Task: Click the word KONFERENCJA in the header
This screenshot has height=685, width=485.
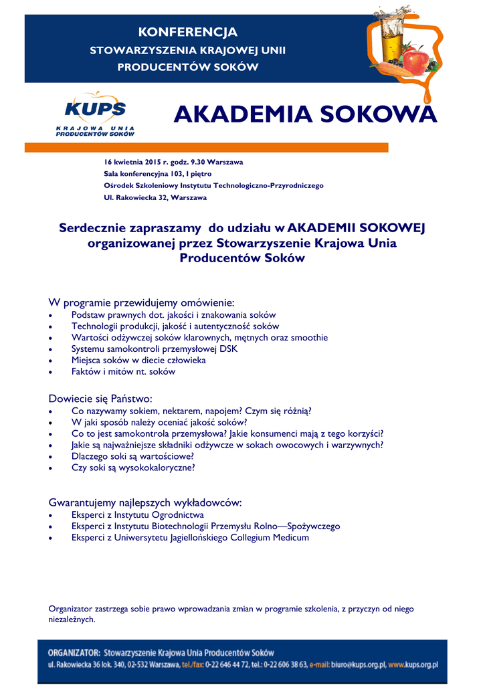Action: pyautogui.click(x=187, y=32)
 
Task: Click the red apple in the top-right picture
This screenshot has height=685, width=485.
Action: pyautogui.click(x=415, y=60)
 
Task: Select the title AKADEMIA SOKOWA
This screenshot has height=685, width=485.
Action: pyautogui.click(x=305, y=115)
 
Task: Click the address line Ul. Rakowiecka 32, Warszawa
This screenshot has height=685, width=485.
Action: pyautogui.click(x=155, y=198)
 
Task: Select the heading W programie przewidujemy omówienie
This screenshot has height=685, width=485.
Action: pyautogui.click(x=142, y=302)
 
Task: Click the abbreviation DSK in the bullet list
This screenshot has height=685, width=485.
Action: pyautogui.click(x=228, y=349)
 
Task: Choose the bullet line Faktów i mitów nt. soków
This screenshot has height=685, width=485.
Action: pyautogui.click(x=123, y=371)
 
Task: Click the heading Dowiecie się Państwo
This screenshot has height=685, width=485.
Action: pyautogui.click(x=101, y=398)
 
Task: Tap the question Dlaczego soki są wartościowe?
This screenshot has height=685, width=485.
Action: pyautogui.click(x=132, y=456)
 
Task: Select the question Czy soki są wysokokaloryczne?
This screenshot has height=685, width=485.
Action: pyautogui.click(x=133, y=468)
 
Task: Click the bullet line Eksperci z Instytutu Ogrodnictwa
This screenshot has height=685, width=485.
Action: pyautogui.click(x=137, y=515)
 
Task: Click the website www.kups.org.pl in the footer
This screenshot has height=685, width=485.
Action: pyautogui.click(x=413, y=666)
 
